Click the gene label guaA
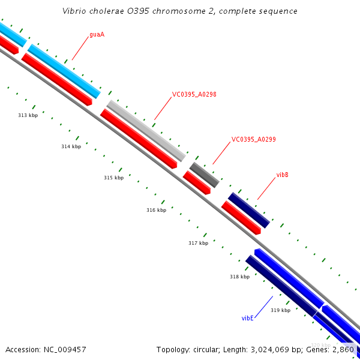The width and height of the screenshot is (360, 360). pyautogui.click(x=97, y=34)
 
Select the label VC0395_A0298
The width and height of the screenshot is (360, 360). pyautogui.click(x=194, y=94)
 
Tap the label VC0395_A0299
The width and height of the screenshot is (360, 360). pyautogui.click(x=253, y=139)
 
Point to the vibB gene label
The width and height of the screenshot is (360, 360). pyautogui.click(x=282, y=175)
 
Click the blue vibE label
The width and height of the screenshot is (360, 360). pyautogui.click(x=247, y=317)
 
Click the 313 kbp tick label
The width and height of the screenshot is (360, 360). pyautogui.click(x=28, y=115)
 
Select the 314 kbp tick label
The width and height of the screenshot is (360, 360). pyautogui.click(x=71, y=146)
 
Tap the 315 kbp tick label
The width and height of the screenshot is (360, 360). pyautogui.click(x=113, y=178)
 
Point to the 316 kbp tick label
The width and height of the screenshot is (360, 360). pyautogui.click(x=156, y=210)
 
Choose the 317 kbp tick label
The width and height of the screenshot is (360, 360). pyautogui.click(x=198, y=243)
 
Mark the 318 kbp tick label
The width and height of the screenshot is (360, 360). pyautogui.click(x=239, y=277)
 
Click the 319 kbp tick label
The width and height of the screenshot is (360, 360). pyautogui.click(x=280, y=310)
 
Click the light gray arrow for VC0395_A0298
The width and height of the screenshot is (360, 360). pyautogui.click(x=146, y=130)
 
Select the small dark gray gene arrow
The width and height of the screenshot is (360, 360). pyautogui.click(x=205, y=174)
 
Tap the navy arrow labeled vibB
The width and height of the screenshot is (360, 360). pyautogui.click(x=249, y=209)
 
